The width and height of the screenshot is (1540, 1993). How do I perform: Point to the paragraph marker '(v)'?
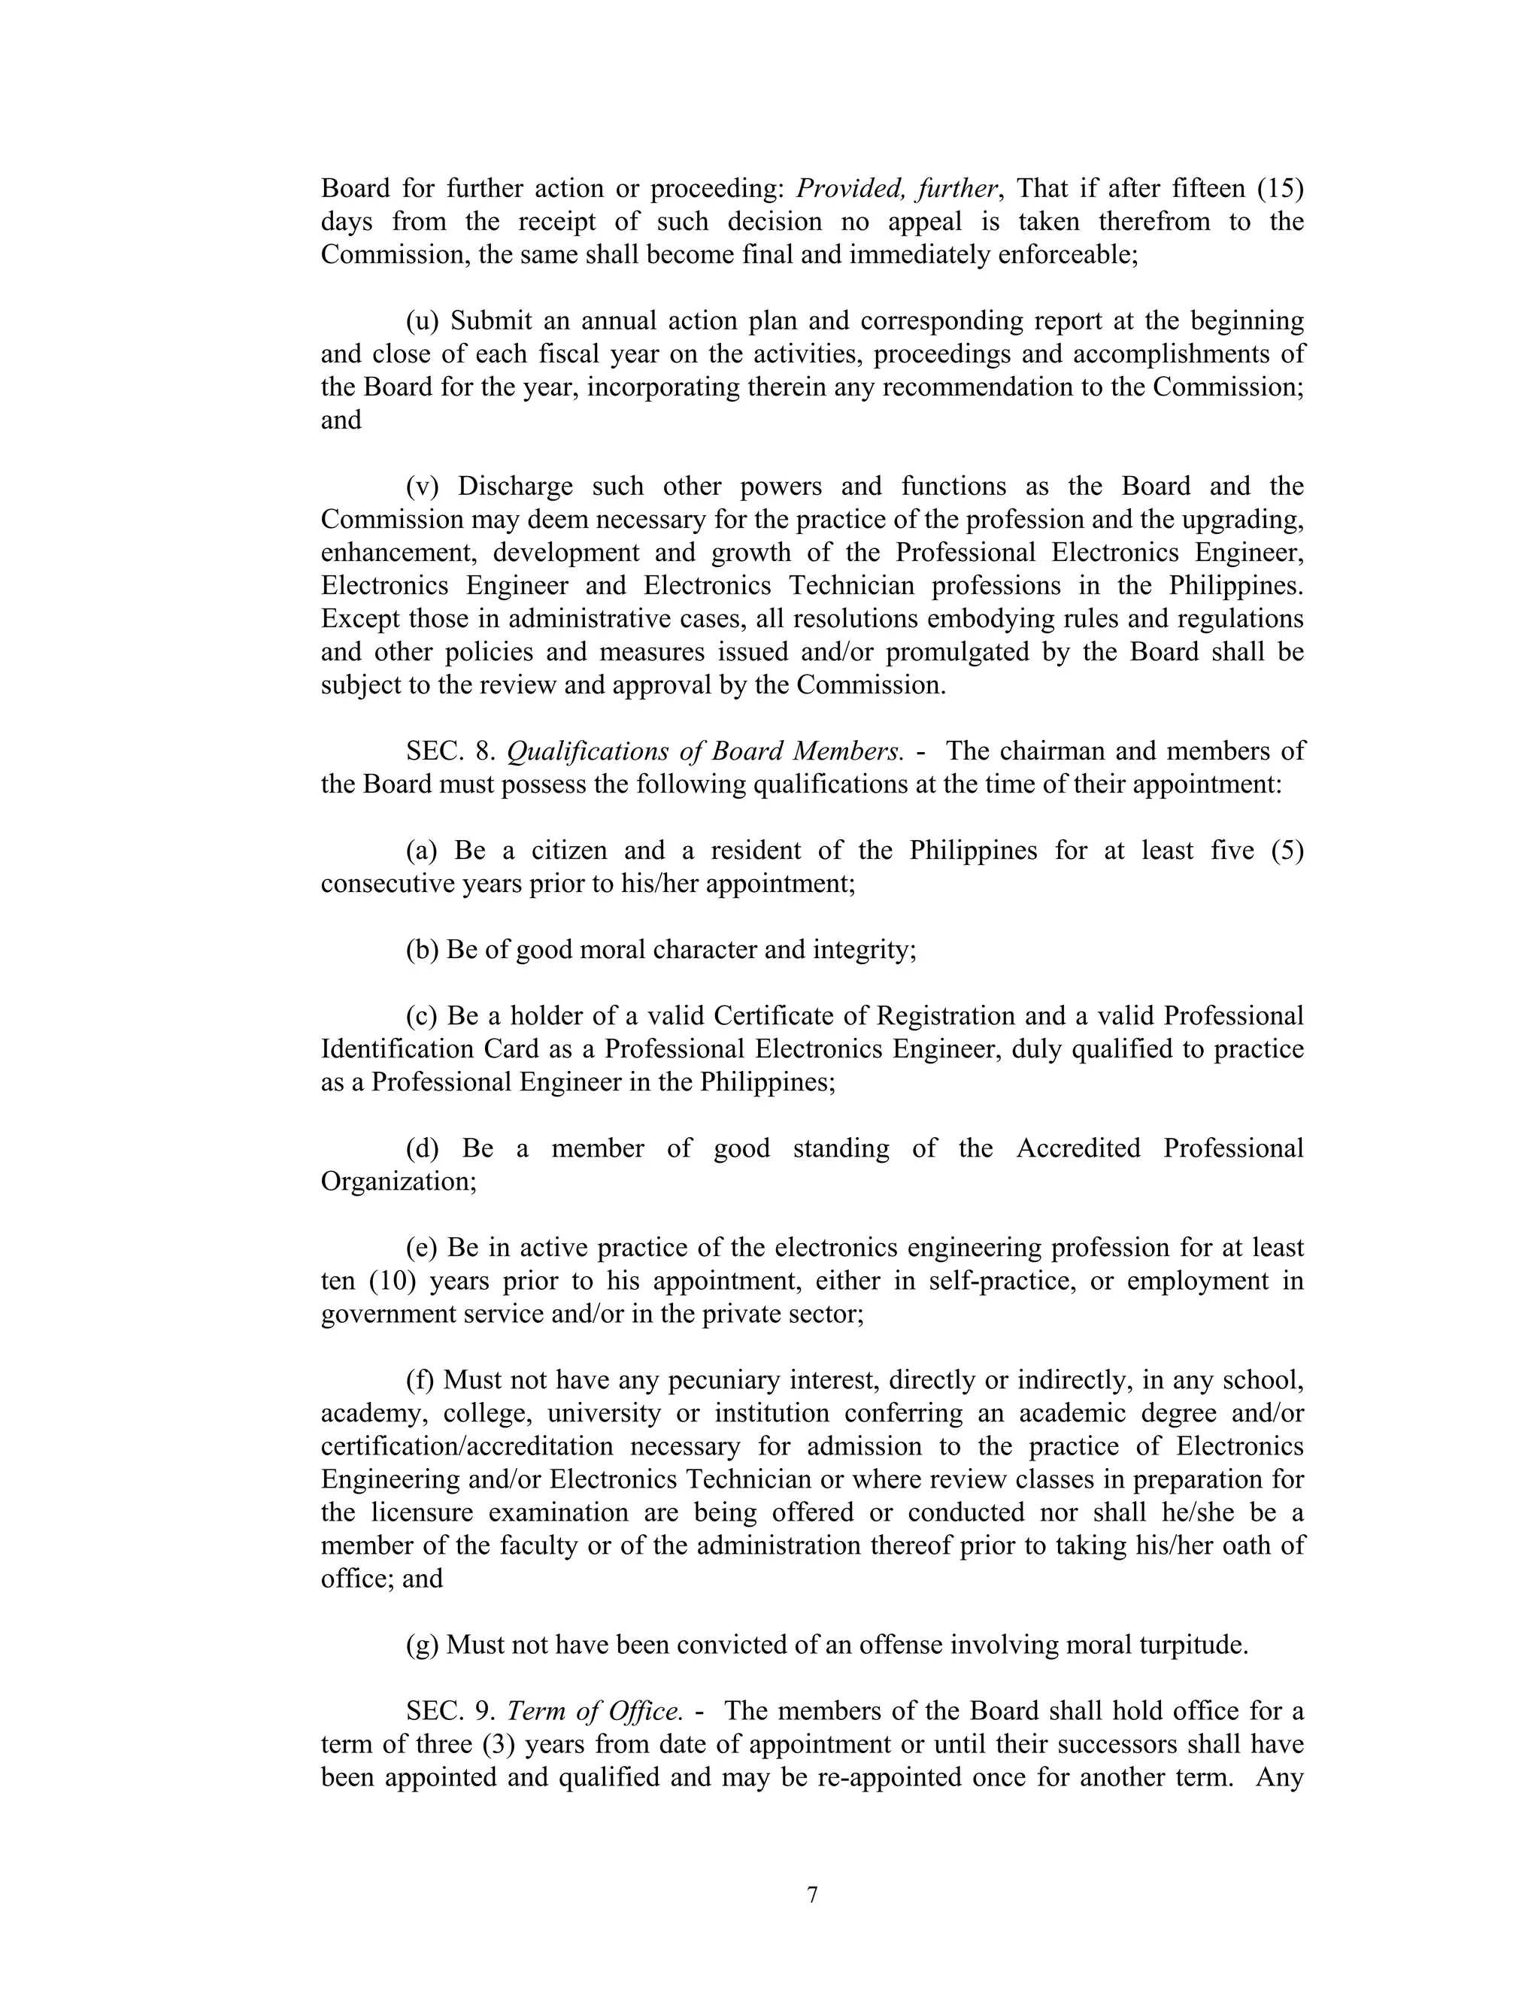click(423, 487)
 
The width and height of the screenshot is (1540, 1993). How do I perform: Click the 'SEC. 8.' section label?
click(450, 752)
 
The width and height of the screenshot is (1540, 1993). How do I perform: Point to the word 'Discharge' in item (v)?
click(515, 487)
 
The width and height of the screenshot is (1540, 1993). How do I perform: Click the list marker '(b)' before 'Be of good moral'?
click(423, 950)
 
